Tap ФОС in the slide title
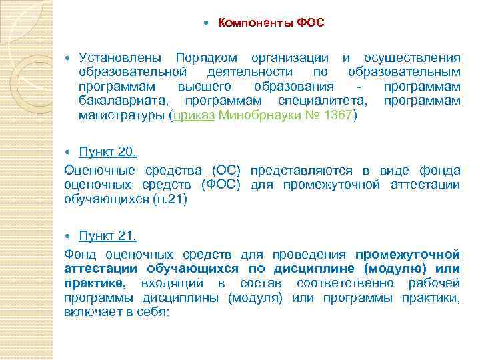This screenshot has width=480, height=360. click(311, 23)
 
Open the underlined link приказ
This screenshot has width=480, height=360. click(194, 115)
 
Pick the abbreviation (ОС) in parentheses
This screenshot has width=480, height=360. click(227, 170)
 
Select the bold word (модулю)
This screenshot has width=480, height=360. click(396, 269)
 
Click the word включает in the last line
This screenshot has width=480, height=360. click(91, 311)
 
